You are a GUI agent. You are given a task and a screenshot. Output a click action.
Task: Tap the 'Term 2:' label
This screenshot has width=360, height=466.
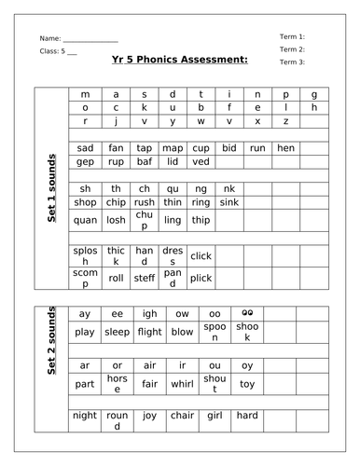click(292, 48)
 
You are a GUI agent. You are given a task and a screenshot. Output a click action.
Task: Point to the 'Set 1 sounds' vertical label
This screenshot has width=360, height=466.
click(52, 187)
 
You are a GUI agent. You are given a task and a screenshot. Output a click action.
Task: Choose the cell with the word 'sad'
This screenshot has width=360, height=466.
click(86, 147)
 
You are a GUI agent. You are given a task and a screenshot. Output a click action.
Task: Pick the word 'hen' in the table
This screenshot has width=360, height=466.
click(286, 147)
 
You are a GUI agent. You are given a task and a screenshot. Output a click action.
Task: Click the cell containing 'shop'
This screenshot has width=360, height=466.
click(86, 201)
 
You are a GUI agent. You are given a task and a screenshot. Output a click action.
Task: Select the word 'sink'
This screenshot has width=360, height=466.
click(229, 201)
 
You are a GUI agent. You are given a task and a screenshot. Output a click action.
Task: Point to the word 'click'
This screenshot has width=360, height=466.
click(201, 255)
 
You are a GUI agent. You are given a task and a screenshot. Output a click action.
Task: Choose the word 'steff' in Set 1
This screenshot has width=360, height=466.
click(144, 276)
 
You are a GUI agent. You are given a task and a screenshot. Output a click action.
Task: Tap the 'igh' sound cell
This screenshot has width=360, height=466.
click(144, 314)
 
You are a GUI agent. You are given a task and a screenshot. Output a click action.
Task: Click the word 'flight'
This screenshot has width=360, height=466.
click(144, 331)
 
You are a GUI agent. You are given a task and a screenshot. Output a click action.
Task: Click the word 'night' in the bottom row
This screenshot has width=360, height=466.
click(85, 416)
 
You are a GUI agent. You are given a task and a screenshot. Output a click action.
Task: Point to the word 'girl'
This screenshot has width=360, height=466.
click(201, 416)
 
